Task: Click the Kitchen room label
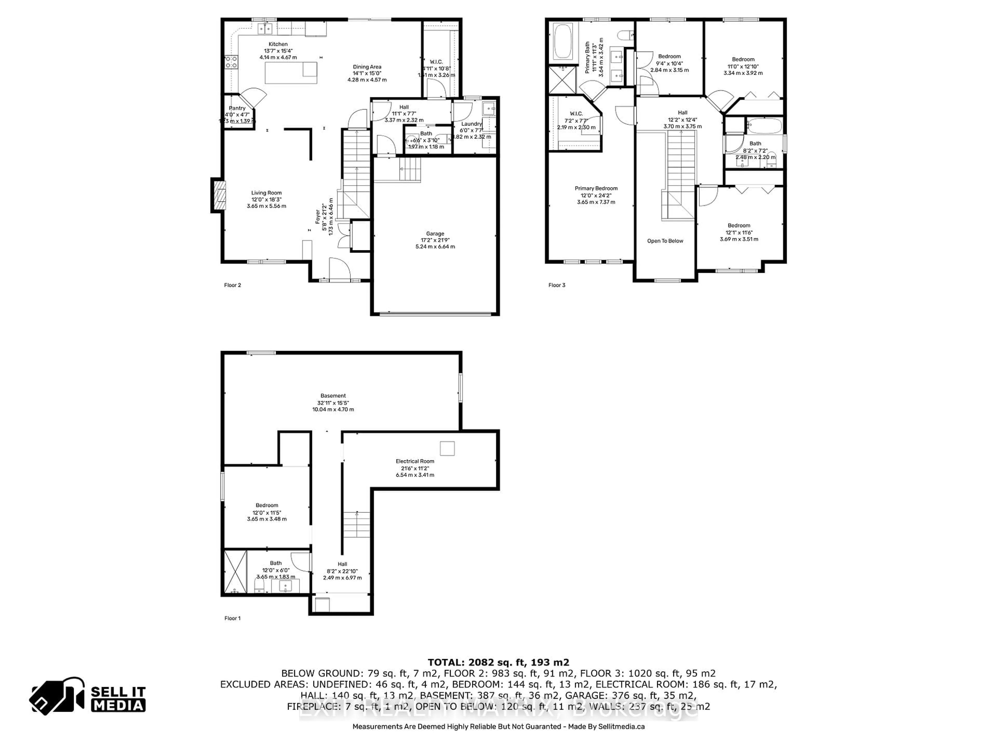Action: (x=278, y=44)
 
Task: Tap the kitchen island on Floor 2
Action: (x=291, y=73)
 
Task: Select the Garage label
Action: (x=435, y=234)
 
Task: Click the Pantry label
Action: (x=237, y=108)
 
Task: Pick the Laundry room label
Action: (x=471, y=124)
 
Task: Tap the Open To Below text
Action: (x=665, y=241)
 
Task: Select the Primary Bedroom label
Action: (x=596, y=189)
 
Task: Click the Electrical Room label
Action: (x=415, y=461)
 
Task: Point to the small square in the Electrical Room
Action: (x=447, y=448)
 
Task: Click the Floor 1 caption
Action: (x=233, y=618)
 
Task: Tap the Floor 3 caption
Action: (x=557, y=285)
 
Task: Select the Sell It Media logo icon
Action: (x=57, y=696)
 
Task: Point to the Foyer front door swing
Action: (x=339, y=269)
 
